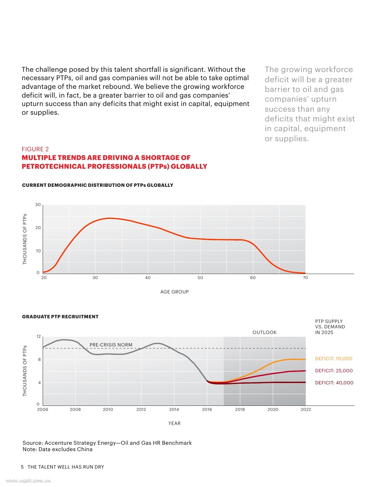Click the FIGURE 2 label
coord(35,149)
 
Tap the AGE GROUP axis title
coord(174,292)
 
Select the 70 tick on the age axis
coord(305,278)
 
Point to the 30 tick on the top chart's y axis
coord(38,205)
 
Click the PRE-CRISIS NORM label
coord(111,345)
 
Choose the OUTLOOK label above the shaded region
coord(264,332)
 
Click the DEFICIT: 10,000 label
coord(334,359)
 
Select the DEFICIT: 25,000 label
coord(334,371)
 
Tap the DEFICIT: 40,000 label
coord(334,383)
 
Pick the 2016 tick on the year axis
coord(207,410)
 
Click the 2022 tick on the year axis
coord(306,410)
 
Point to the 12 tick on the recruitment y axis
coord(39,336)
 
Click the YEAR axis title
coord(174,423)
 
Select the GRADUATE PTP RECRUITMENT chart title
coord(60,317)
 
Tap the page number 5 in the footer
coord(22,467)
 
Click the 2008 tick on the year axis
coord(75,410)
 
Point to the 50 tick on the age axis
coord(200,278)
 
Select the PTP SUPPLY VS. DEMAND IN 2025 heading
coord(330,327)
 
